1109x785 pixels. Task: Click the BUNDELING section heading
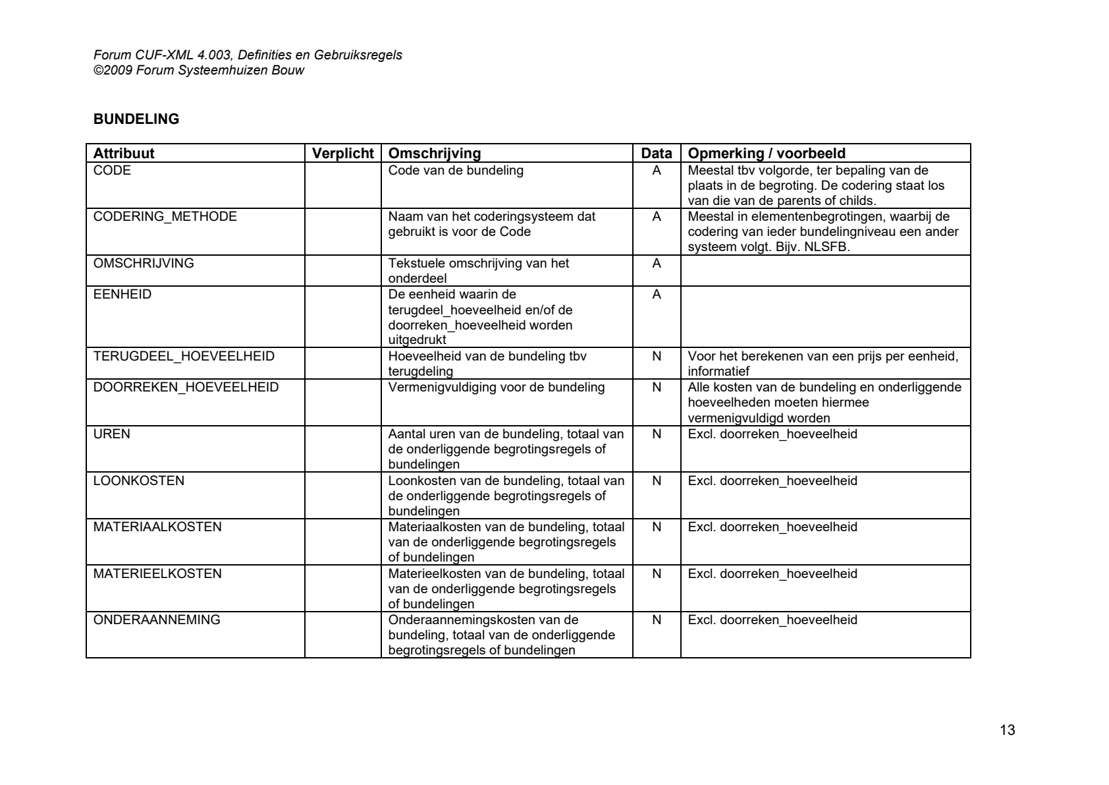(136, 119)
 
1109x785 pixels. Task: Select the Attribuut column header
(124, 154)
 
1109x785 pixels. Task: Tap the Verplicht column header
(342, 154)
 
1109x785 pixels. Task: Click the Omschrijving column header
(435, 154)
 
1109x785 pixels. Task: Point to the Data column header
(657, 154)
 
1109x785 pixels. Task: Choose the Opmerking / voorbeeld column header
(767, 154)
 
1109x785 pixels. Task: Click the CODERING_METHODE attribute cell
(165, 217)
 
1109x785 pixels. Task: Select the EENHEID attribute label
(122, 295)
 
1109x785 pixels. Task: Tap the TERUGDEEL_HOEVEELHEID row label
(184, 357)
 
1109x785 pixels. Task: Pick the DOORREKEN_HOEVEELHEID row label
(186, 388)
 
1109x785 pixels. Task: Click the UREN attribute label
(112, 434)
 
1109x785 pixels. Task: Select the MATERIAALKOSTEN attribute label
(157, 527)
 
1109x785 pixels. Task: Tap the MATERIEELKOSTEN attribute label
(157, 574)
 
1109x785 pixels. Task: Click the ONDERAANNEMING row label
(157, 620)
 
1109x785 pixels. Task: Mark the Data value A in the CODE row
(657, 171)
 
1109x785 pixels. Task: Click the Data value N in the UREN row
(657, 434)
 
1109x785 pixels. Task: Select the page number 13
(1007, 730)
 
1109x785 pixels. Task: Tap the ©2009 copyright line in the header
(200, 70)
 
